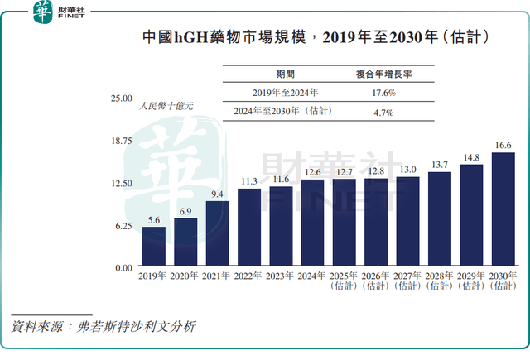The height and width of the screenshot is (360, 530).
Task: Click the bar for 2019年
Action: pos(153,247)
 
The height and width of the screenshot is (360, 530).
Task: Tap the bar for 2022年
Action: pos(248,228)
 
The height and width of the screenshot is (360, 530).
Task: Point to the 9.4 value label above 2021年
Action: pos(217,194)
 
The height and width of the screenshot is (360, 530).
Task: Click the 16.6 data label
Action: pos(503,146)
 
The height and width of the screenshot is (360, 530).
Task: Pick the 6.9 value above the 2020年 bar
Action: pos(185,212)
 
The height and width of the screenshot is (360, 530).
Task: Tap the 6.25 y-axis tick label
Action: pos(123,226)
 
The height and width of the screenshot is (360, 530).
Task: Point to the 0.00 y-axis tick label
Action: pos(123,268)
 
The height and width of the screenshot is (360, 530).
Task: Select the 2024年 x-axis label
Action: pos(312,276)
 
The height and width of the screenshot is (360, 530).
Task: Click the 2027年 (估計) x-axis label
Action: pos(407,281)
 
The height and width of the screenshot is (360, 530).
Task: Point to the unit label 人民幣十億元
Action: pos(166,106)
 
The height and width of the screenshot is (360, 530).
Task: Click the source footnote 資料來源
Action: pos(104,327)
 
